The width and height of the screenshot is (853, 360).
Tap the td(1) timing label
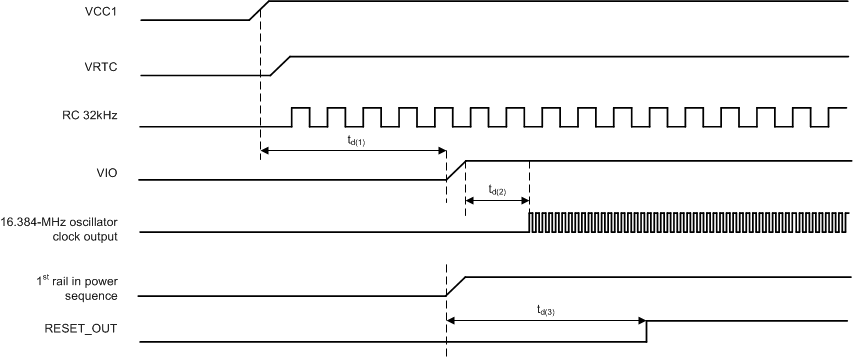[355, 141]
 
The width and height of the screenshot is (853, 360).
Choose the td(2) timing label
[496, 189]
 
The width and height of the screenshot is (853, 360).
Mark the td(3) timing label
[545, 310]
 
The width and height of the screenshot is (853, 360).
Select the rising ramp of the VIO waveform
[456, 169]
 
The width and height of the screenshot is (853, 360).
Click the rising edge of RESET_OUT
[646, 331]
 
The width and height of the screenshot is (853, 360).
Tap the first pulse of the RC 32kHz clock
[300, 117]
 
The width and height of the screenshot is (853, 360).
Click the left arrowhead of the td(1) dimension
[265, 151]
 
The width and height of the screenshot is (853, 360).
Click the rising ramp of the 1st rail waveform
[456, 286]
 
